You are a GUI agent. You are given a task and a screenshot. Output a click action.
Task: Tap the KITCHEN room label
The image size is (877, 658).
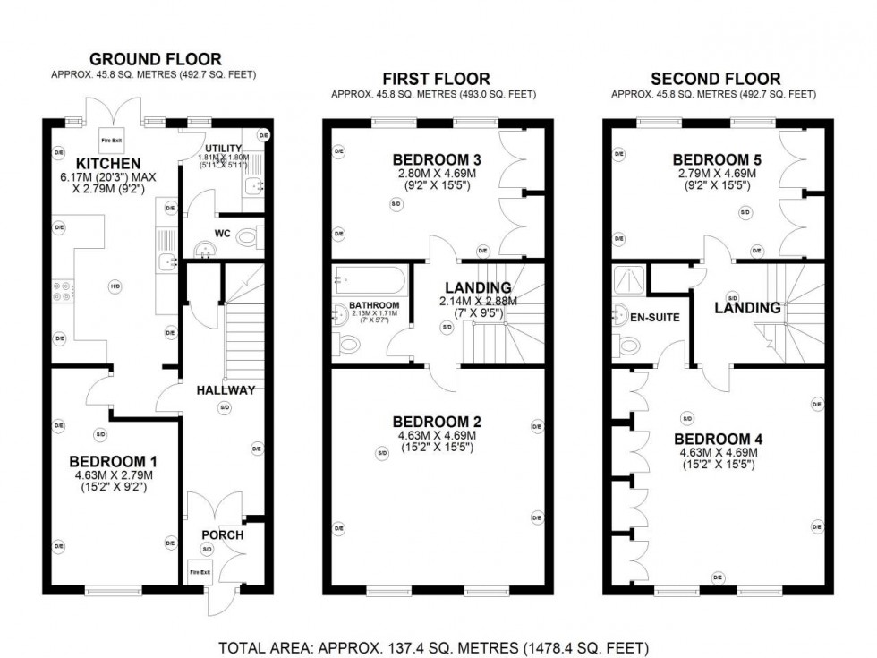pos(108,163)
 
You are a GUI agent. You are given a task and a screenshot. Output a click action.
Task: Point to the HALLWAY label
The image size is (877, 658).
pos(227,389)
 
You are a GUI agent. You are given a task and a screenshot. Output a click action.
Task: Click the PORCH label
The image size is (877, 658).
pos(223,534)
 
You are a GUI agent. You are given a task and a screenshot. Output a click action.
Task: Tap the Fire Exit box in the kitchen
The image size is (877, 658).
pos(112,140)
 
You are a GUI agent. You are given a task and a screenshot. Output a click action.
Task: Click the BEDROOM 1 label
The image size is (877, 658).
pos(114,461)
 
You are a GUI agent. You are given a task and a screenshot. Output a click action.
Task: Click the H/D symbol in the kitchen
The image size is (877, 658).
pos(115,287)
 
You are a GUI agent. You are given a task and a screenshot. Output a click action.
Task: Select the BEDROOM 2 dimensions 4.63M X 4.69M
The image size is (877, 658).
pos(434,436)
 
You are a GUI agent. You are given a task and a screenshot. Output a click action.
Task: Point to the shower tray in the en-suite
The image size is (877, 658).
pos(631,283)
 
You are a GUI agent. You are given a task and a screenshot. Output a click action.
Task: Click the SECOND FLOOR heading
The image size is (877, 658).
pos(715,79)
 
